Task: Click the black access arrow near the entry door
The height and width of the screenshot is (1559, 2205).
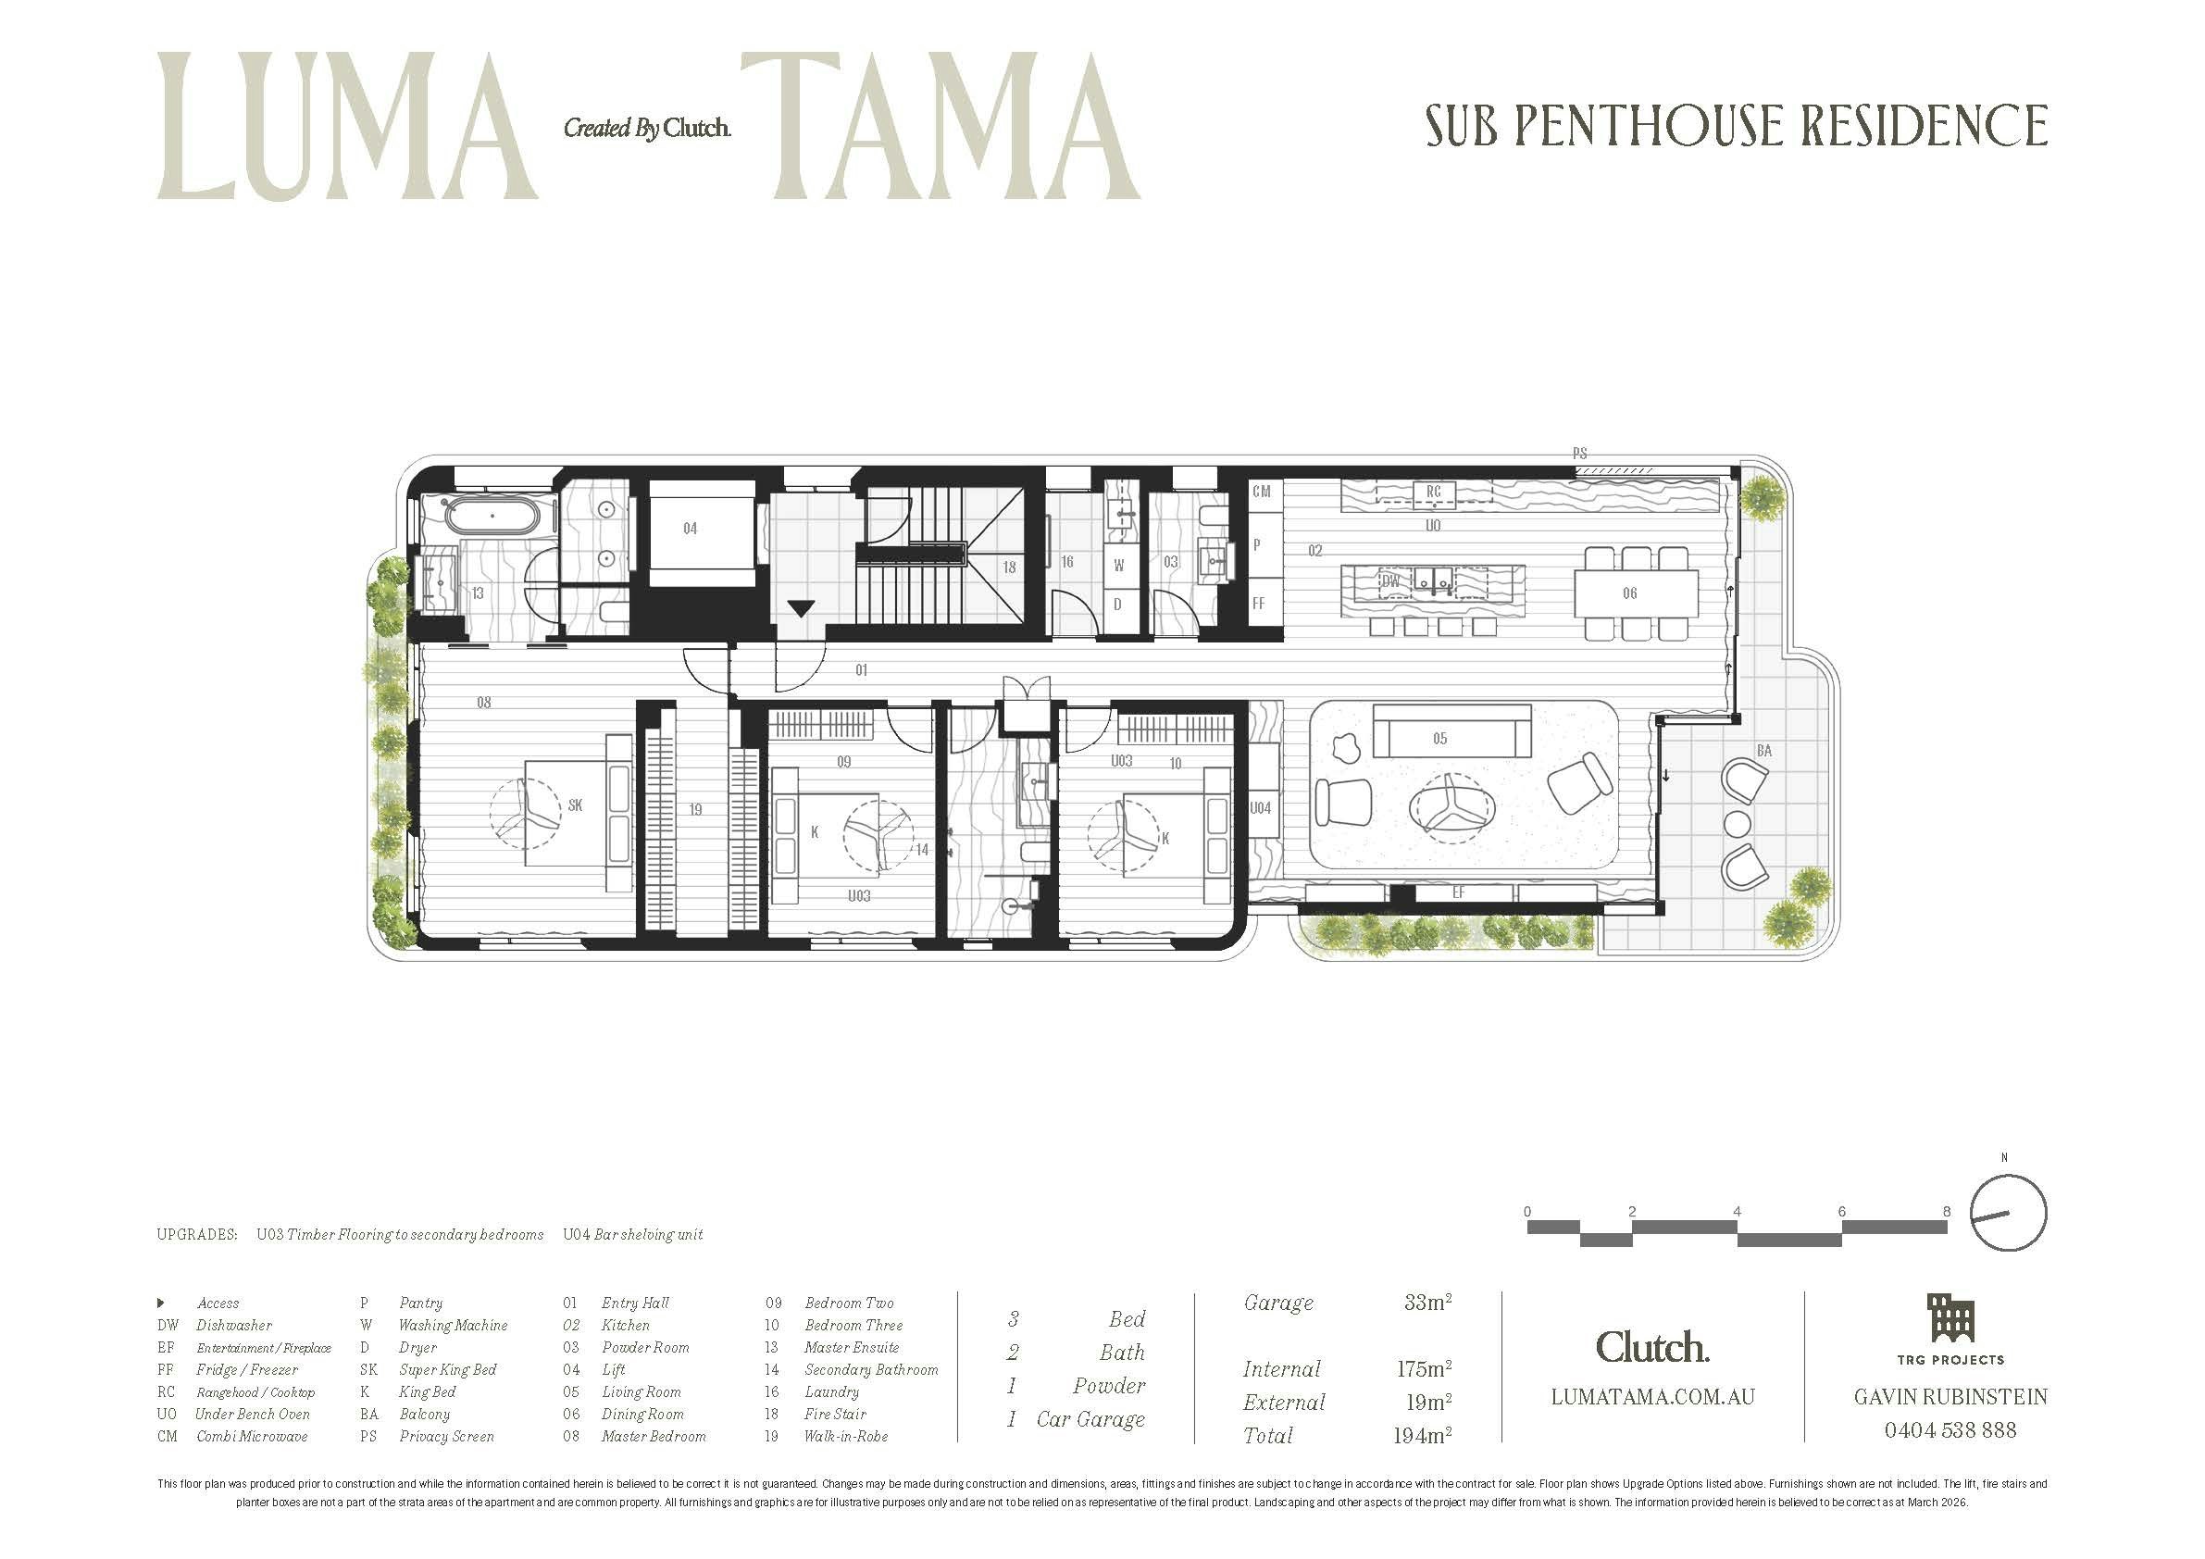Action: [x=802, y=608]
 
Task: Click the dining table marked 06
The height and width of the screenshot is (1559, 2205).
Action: [x=1635, y=592]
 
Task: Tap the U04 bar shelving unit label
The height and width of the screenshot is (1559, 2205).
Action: [x=1260, y=808]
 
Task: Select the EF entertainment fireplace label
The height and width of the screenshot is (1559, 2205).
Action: [x=1458, y=893]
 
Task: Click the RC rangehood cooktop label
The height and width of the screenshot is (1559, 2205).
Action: [x=1433, y=492]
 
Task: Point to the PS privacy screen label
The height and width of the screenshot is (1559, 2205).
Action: [x=1579, y=454]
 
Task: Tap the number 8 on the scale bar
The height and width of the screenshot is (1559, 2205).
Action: [x=1947, y=1212]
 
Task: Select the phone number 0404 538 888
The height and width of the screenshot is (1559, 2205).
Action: [x=1950, y=1430]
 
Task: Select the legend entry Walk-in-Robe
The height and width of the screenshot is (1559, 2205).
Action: [x=845, y=1437]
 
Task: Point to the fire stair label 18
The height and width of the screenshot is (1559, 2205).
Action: [x=1008, y=567]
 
